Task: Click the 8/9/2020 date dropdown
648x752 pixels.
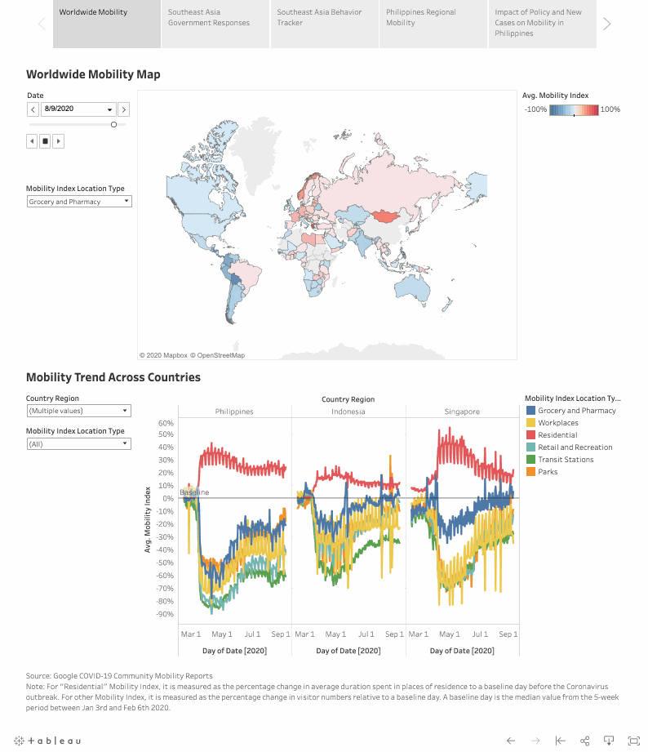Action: coord(78,109)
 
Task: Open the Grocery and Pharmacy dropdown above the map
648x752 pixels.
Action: coord(78,202)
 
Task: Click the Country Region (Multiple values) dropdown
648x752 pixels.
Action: coord(78,411)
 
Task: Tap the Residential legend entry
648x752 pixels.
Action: coord(557,435)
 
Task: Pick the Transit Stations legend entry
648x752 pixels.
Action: coord(566,460)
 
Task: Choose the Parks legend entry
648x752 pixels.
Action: coord(548,472)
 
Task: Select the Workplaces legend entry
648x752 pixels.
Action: coord(558,423)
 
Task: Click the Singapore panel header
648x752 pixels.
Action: coord(462,412)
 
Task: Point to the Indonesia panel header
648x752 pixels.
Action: coord(348,412)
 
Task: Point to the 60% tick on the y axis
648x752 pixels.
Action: coord(166,424)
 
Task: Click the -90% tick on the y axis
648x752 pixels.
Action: coord(166,614)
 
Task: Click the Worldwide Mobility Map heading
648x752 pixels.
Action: coord(93,75)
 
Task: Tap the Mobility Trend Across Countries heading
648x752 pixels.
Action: coord(113,377)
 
